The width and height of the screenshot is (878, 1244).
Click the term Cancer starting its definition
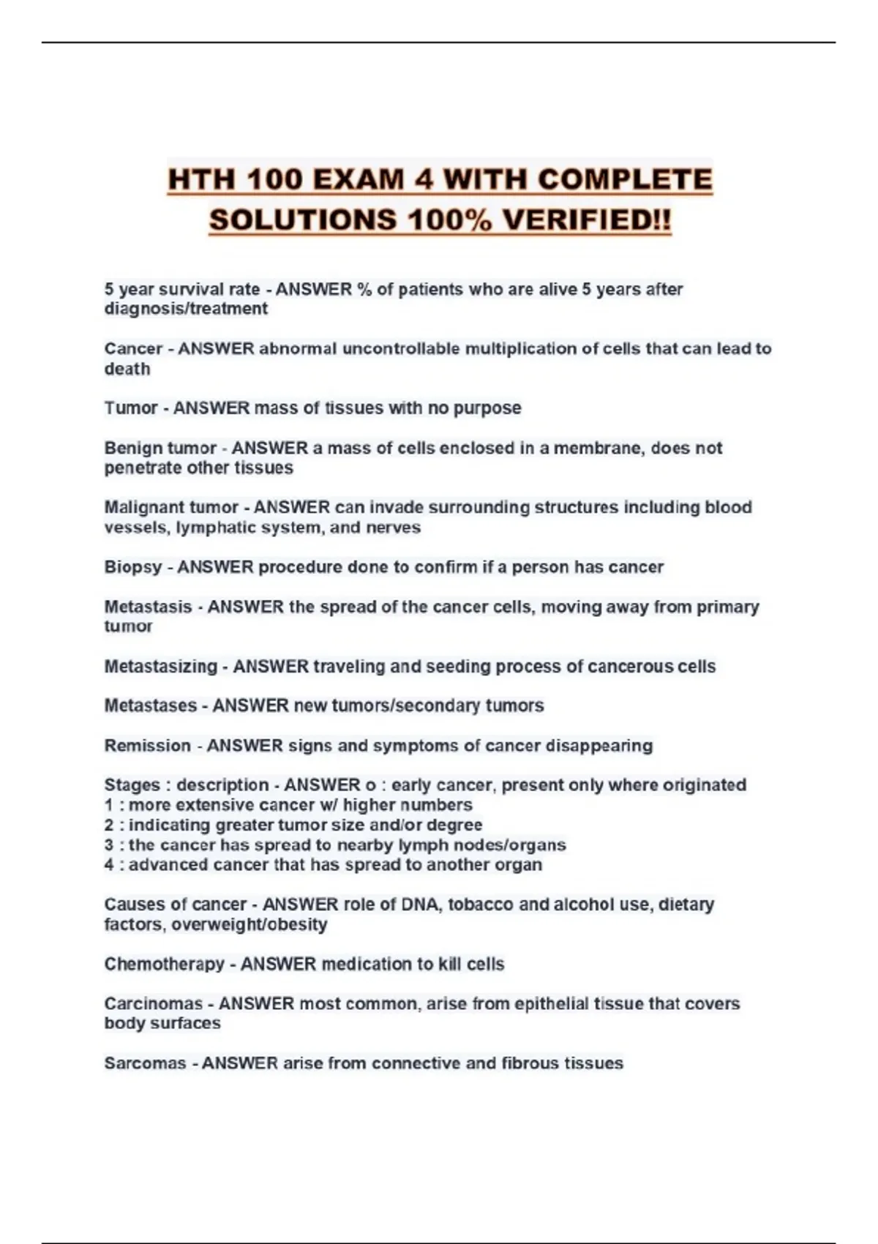click(133, 349)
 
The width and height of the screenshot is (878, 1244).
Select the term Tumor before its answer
click(130, 408)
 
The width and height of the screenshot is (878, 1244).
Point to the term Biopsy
click(132, 568)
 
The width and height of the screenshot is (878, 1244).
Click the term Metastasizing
click(160, 667)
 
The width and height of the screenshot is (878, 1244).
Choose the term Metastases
click(150, 706)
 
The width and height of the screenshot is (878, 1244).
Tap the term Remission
click(147, 746)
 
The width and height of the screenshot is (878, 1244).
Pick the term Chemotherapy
click(164, 964)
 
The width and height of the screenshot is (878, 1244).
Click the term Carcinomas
click(153, 1004)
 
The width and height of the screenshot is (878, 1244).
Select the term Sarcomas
click(144, 1063)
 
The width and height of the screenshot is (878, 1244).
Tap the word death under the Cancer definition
click(127, 369)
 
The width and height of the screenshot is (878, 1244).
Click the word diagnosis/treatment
click(186, 309)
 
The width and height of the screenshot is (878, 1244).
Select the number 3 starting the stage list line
click(109, 845)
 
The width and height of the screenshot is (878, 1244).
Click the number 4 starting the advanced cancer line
click(109, 865)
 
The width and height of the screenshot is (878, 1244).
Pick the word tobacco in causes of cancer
click(480, 904)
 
